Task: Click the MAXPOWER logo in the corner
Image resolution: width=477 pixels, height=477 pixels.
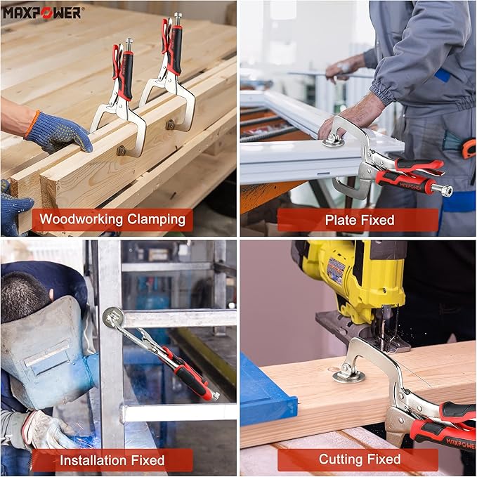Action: [x=43, y=12]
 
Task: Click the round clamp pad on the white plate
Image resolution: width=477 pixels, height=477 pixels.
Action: [x=334, y=141]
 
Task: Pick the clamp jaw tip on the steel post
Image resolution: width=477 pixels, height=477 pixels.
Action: [x=112, y=317]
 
